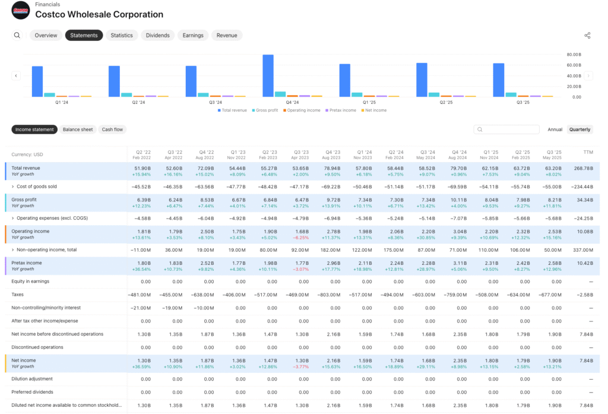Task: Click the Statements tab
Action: point(84,36)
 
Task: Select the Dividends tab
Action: point(158,36)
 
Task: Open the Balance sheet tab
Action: point(78,129)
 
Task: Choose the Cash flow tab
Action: point(112,129)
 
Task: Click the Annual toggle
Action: point(555,129)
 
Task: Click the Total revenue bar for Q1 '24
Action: point(37,81)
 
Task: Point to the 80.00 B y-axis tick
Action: point(573,54)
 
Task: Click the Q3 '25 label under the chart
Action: point(523,102)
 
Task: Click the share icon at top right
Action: point(587,36)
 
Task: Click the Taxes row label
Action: point(18,295)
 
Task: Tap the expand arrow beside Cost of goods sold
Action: point(12,187)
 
